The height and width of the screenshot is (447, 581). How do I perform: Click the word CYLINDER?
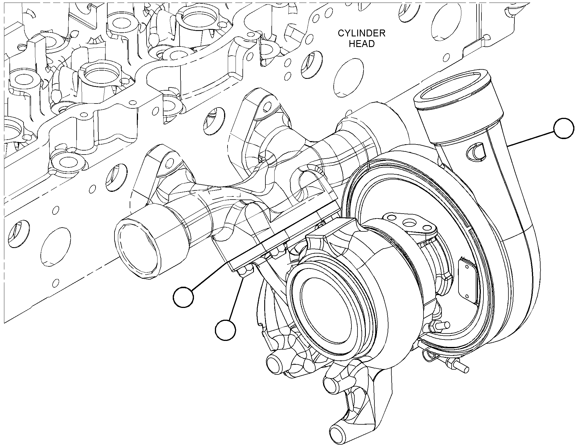point(362,33)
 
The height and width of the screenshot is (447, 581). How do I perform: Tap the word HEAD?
point(362,44)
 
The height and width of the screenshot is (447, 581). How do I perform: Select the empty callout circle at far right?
point(564,129)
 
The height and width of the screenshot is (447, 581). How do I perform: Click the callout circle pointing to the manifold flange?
point(183,298)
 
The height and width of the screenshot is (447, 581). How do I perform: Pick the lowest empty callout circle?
point(226,330)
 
